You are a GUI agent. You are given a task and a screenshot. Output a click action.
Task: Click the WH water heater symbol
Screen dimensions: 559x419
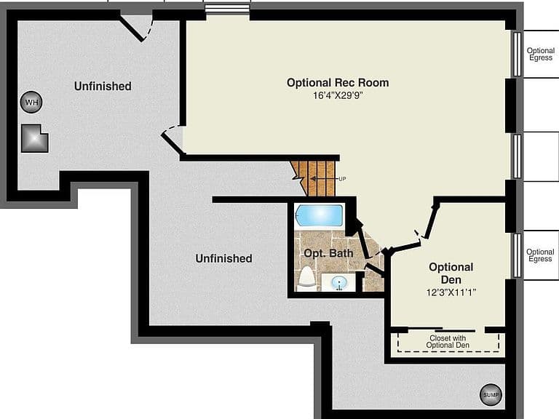pyautogui.click(x=31, y=103)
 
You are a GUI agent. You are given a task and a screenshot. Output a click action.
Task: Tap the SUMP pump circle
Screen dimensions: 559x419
pyautogui.click(x=491, y=395)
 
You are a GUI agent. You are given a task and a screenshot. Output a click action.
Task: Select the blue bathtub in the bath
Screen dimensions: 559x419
pyautogui.click(x=319, y=215)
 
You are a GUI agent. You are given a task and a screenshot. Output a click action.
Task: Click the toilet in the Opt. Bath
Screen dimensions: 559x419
pyautogui.click(x=306, y=277)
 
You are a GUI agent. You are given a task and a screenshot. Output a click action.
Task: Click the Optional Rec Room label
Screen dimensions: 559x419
pyautogui.click(x=338, y=83)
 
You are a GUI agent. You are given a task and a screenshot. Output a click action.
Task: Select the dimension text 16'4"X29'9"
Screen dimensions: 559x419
pyautogui.click(x=338, y=95)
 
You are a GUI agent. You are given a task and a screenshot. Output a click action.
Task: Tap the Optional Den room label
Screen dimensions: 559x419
pyautogui.click(x=451, y=274)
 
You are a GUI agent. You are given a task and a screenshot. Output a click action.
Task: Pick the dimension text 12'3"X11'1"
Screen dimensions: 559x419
pyautogui.click(x=451, y=292)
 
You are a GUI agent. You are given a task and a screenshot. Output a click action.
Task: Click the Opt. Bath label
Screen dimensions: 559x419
pyautogui.click(x=328, y=253)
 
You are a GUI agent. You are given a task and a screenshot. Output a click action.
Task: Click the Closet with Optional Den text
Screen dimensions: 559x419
pyautogui.click(x=448, y=341)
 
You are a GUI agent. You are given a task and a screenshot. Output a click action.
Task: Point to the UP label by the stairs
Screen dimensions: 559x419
pyautogui.click(x=342, y=179)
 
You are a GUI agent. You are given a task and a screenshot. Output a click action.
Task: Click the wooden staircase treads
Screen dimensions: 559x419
pyautogui.click(x=314, y=178)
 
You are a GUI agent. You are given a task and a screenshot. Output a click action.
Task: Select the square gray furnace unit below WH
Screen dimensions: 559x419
pyautogui.click(x=35, y=138)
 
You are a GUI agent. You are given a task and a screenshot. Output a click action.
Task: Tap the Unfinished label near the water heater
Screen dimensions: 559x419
pyautogui.click(x=103, y=87)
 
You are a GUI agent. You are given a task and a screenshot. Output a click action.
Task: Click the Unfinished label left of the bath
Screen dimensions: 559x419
pyautogui.click(x=224, y=258)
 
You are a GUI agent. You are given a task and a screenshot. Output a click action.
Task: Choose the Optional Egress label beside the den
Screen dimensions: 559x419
pyautogui.click(x=541, y=255)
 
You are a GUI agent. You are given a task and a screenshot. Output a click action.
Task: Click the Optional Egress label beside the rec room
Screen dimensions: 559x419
pyautogui.click(x=541, y=54)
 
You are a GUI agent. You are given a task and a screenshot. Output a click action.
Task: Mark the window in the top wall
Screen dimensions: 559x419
pyautogui.click(x=227, y=9)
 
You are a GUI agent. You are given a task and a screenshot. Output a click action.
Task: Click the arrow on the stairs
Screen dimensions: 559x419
pyautogui.click(x=323, y=178)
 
